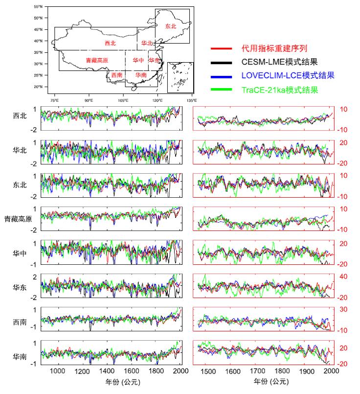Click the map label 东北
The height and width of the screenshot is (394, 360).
point(170,25)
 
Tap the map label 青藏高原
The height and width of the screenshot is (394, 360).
point(96,60)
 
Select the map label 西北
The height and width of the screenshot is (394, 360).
point(111,43)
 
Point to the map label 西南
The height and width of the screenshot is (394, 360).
point(116,75)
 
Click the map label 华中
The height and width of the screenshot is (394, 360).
point(138,60)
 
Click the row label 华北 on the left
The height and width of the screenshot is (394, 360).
point(20,150)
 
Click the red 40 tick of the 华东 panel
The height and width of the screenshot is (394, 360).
point(343,277)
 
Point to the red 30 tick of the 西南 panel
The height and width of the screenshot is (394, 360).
point(343,310)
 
